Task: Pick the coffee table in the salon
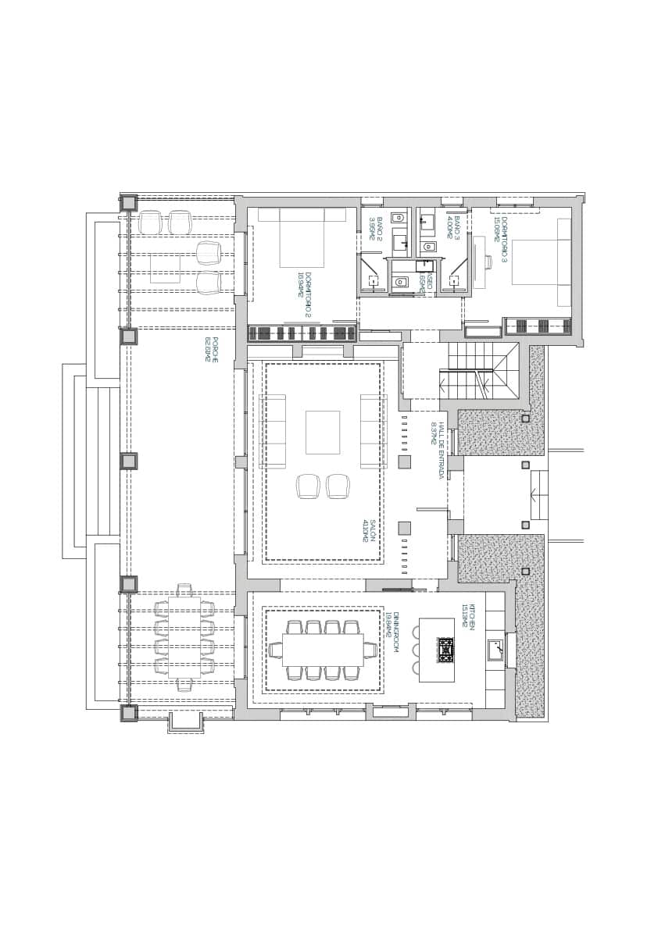pyautogui.click(x=323, y=432)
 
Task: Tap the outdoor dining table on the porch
pyautogui.click(x=184, y=637)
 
